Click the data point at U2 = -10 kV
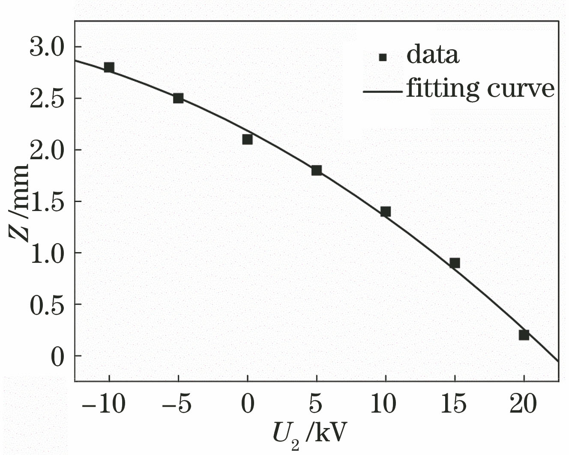[x=109, y=67]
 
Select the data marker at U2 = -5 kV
[x=178, y=98]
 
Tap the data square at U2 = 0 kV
[x=247, y=139]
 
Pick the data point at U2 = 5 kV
[x=316, y=170]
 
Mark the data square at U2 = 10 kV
[x=386, y=211]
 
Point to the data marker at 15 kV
[x=455, y=263]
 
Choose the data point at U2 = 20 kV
[x=524, y=335]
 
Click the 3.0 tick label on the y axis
[x=47, y=47]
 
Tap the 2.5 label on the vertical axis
[x=47, y=98]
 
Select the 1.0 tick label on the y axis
[x=47, y=253]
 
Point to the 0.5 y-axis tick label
[x=47, y=304]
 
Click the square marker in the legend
[x=383, y=57]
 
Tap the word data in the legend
[x=433, y=55]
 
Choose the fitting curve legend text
[x=480, y=89]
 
